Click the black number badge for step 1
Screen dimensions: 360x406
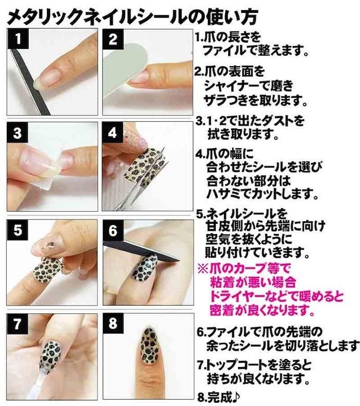click(18, 39)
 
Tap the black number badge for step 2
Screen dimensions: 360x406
click(113, 39)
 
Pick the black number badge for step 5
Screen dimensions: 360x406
click(18, 230)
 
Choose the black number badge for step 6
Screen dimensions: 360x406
click(113, 230)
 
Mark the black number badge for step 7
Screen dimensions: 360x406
click(17, 324)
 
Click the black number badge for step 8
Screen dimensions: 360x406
click(113, 324)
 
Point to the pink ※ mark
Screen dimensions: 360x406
click(203, 269)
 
